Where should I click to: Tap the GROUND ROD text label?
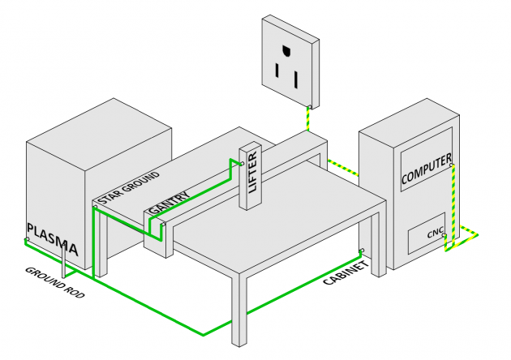[x=55, y=283]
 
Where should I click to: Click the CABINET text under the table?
[x=346, y=272]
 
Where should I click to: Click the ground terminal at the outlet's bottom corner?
[x=311, y=107]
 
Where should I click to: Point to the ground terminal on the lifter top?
[x=241, y=164]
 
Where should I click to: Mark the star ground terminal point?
[x=95, y=206]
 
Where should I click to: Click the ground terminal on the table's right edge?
[x=360, y=251]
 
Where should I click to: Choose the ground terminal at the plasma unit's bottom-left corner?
[x=27, y=240]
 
